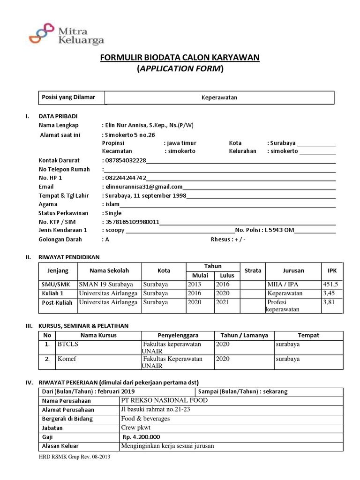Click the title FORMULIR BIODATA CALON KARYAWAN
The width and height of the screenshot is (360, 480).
(180, 58)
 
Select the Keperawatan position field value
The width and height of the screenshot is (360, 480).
(220, 97)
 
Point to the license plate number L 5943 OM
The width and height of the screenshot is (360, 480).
(279, 231)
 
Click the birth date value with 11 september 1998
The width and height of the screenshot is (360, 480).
(145, 195)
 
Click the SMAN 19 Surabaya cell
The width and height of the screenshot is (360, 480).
(106, 285)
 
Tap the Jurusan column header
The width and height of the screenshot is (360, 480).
(293, 271)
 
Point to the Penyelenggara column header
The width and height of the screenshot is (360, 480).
(178, 336)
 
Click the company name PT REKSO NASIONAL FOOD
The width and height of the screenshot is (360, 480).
(164, 400)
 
